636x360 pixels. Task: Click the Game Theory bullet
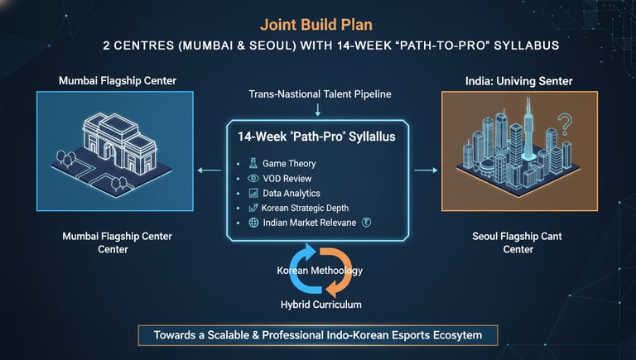[289, 164]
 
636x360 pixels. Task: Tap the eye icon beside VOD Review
[252, 178]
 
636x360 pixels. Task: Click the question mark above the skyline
[566, 126]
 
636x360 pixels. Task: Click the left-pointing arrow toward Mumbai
[210, 171]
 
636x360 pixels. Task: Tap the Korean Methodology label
[320, 271]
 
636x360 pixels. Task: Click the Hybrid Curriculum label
[320, 304]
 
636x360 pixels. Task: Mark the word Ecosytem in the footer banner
[466, 335]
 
